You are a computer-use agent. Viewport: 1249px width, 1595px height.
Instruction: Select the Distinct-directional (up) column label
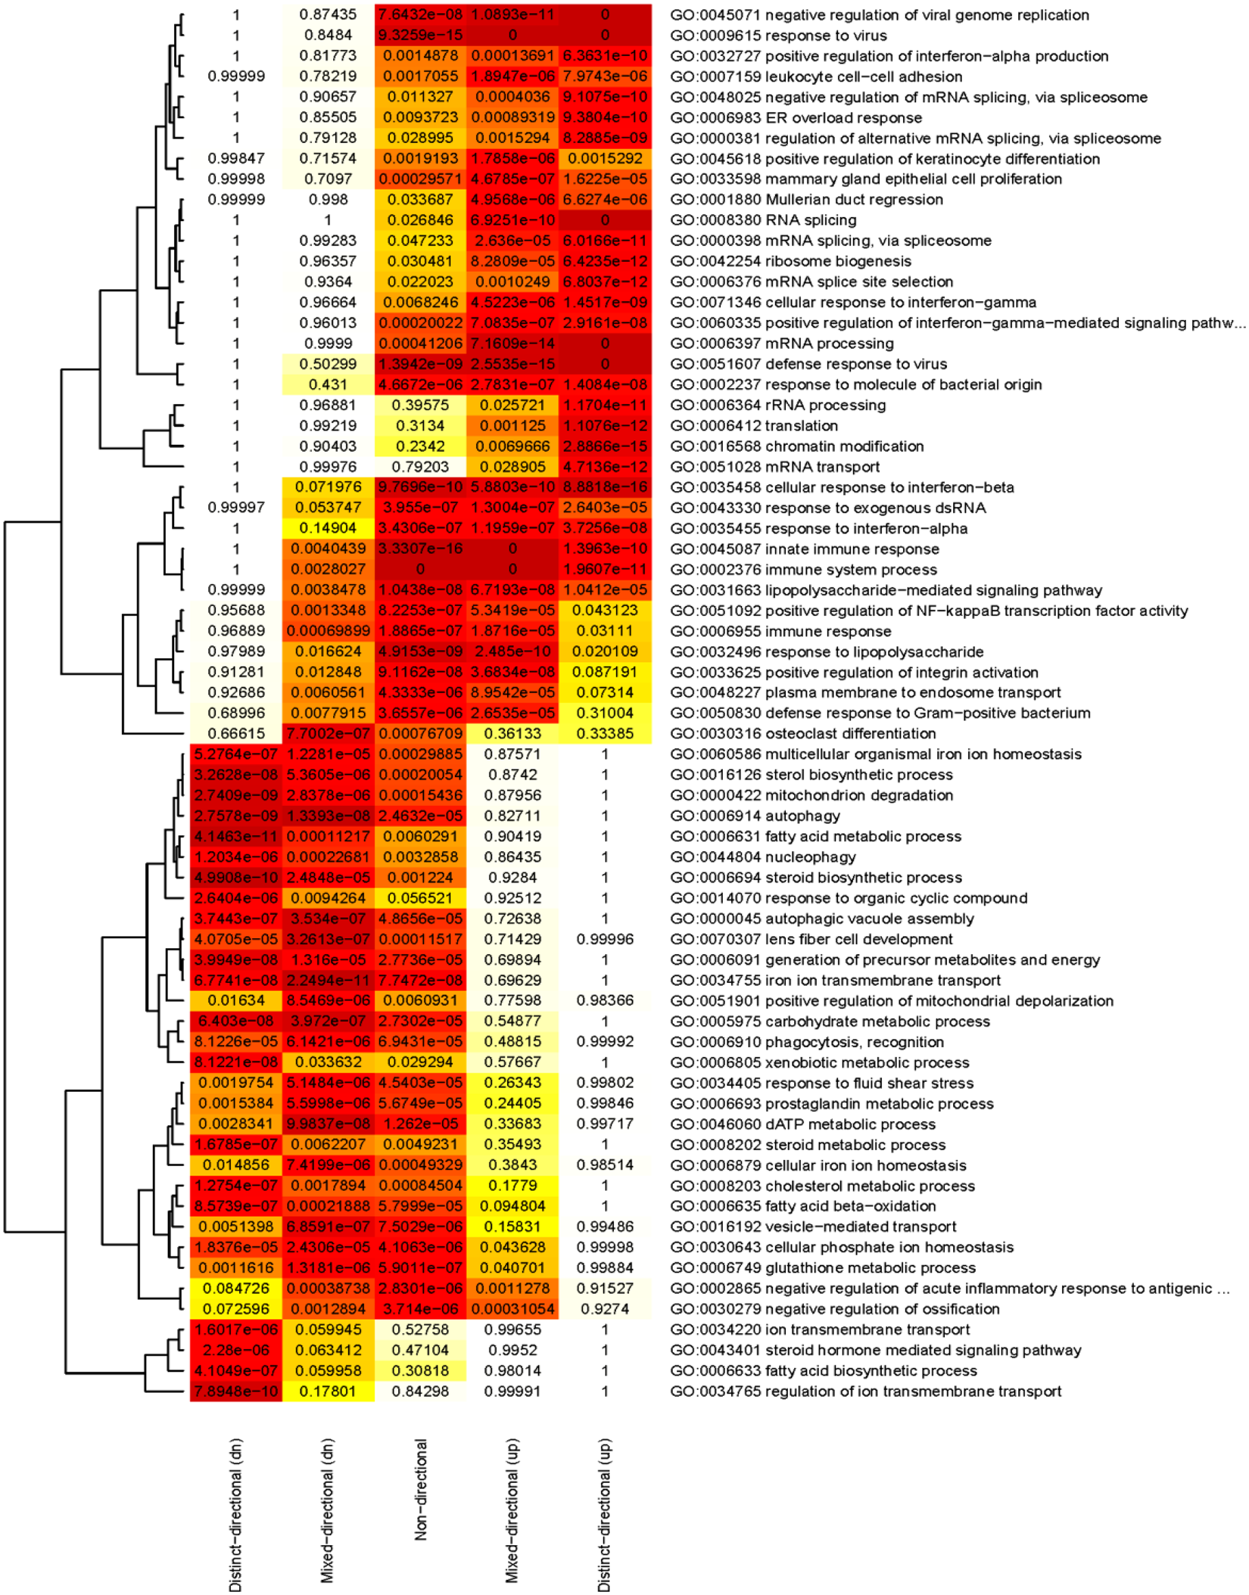point(604,1513)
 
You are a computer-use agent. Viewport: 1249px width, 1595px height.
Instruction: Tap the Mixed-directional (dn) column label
point(327,1509)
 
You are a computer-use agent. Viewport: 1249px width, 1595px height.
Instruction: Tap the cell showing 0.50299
point(328,364)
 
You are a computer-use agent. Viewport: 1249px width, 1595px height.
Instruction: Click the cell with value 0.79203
point(420,467)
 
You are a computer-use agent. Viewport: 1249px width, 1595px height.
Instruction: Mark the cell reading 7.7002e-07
point(328,733)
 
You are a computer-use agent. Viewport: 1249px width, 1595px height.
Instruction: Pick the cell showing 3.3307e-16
point(420,549)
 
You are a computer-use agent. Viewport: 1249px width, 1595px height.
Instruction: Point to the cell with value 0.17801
point(328,1391)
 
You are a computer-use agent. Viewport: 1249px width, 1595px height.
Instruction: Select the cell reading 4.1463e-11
point(235,836)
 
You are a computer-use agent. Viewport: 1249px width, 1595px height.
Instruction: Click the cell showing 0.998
point(328,200)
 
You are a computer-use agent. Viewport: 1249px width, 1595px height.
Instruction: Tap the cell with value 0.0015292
point(605,159)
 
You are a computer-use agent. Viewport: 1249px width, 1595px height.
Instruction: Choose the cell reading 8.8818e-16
point(605,487)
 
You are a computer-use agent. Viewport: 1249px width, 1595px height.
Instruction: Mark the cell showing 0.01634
point(235,1000)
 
